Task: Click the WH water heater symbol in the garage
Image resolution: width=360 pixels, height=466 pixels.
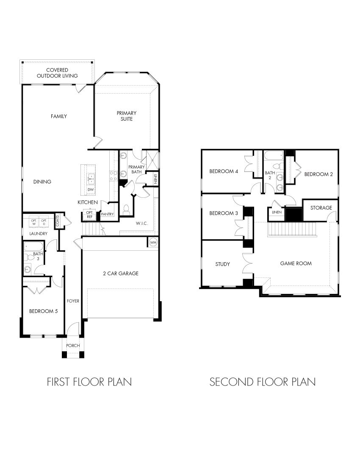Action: tap(153, 242)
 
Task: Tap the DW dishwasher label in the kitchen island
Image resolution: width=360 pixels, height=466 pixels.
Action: tap(91, 189)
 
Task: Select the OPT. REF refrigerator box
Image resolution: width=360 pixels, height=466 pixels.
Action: tap(89, 214)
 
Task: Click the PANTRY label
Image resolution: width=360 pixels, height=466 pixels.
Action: tap(107, 214)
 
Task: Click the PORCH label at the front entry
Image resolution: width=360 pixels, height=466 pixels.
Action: tap(73, 346)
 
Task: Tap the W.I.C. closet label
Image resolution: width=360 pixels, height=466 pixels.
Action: tap(141, 223)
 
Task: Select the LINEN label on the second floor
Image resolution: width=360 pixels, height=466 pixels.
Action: tap(276, 212)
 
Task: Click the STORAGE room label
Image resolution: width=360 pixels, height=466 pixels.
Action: tap(321, 208)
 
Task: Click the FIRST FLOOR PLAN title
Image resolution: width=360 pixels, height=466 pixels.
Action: tap(89, 382)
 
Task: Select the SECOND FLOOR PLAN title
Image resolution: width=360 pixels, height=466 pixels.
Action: tap(263, 382)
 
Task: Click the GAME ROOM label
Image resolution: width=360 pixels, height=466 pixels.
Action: tap(296, 264)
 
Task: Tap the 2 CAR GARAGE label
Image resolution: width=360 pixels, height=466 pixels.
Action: tap(121, 274)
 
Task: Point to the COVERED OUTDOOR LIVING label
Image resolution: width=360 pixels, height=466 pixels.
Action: tap(57, 72)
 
